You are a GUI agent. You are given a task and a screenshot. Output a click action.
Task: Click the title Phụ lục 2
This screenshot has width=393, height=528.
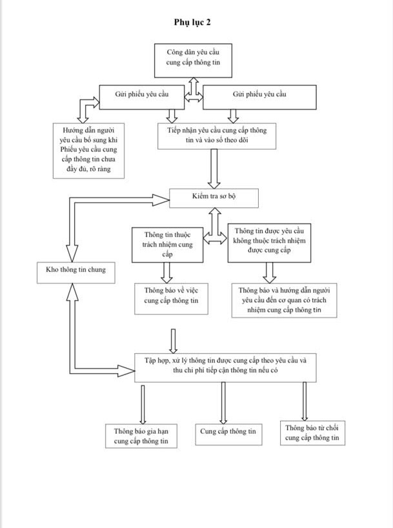point(192,22)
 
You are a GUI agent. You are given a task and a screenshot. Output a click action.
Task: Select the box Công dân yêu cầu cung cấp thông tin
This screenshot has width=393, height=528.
point(193,61)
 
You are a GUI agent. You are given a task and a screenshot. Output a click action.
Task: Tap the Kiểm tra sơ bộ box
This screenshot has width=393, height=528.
point(214,198)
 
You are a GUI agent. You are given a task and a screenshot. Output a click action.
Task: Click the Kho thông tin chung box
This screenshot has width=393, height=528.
point(76,272)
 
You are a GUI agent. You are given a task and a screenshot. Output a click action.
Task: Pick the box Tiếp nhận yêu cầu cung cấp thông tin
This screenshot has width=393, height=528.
point(217,136)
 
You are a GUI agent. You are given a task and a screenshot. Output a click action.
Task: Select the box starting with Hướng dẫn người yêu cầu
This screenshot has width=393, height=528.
point(88,150)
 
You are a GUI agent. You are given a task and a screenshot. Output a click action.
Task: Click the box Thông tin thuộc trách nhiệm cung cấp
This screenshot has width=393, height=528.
point(167,245)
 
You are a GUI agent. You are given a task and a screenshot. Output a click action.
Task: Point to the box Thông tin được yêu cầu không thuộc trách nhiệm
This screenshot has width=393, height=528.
point(269,243)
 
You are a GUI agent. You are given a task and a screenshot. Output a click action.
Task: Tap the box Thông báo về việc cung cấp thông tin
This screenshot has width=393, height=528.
point(171,299)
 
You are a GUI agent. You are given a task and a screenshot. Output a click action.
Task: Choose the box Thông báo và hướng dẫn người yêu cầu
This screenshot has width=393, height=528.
point(284,300)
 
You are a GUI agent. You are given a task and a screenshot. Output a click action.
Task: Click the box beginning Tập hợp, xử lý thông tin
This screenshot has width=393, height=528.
point(225,368)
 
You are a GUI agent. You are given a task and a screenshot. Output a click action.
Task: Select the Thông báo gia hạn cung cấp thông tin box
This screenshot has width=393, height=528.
point(141,436)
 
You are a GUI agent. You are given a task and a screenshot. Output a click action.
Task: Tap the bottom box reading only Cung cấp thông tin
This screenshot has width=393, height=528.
point(228,434)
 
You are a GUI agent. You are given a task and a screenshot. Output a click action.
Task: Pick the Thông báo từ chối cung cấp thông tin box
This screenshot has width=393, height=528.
point(312,433)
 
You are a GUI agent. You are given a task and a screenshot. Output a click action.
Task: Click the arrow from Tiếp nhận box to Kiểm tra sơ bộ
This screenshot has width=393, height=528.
point(214,168)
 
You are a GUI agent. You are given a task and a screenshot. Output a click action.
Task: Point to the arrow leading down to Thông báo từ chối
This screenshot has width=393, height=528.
point(305,401)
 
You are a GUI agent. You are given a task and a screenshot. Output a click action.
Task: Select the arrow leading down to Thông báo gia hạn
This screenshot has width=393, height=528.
point(143,405)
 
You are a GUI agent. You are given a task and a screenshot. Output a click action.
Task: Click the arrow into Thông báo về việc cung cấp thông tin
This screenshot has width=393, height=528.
point(166,273)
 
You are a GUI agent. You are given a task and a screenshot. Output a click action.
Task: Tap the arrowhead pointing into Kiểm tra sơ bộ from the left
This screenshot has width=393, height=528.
point(161,199)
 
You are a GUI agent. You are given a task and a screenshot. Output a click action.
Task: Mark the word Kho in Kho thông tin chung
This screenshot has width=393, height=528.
point(52,270)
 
